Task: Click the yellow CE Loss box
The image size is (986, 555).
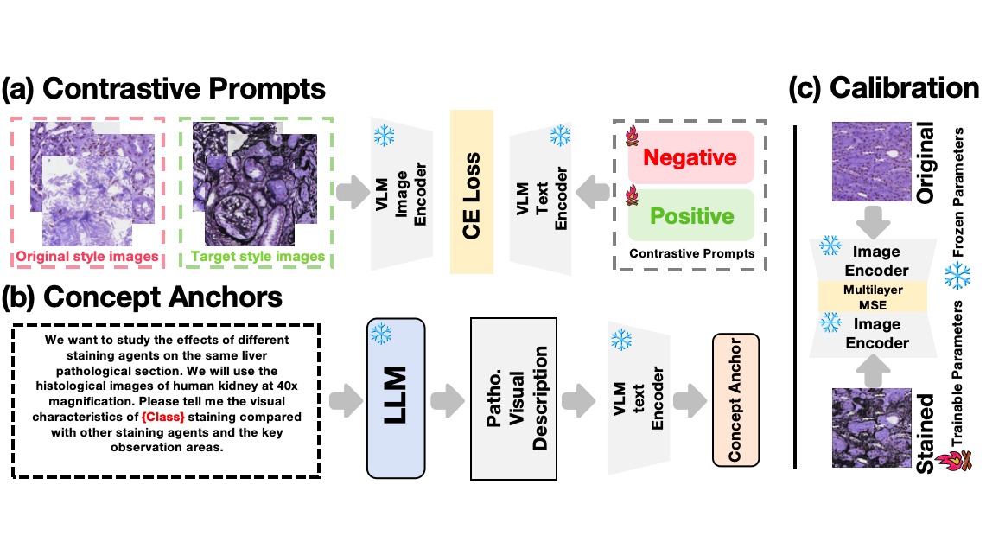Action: [471, 192]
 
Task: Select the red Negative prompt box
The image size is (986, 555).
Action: [689, 157]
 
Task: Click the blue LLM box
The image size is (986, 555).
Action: [396, 399]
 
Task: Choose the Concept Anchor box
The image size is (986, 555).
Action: [734, 399]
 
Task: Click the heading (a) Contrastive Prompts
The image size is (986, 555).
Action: [164, 89]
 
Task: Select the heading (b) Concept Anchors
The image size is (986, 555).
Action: [143, 297]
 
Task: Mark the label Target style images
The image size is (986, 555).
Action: [257, 257]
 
